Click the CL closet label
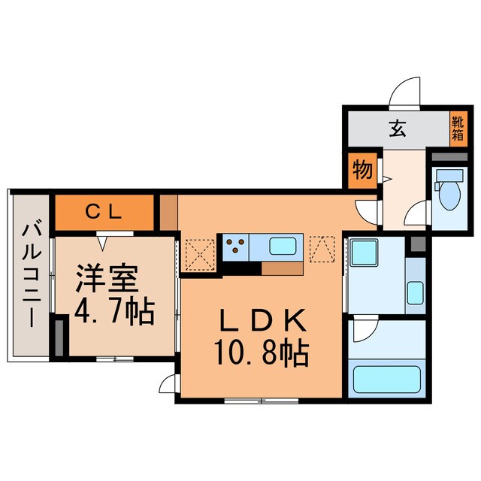pos(104,211)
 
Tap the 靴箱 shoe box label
pos(458,129)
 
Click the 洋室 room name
pos(105,279)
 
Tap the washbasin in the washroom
pos(414,290)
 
